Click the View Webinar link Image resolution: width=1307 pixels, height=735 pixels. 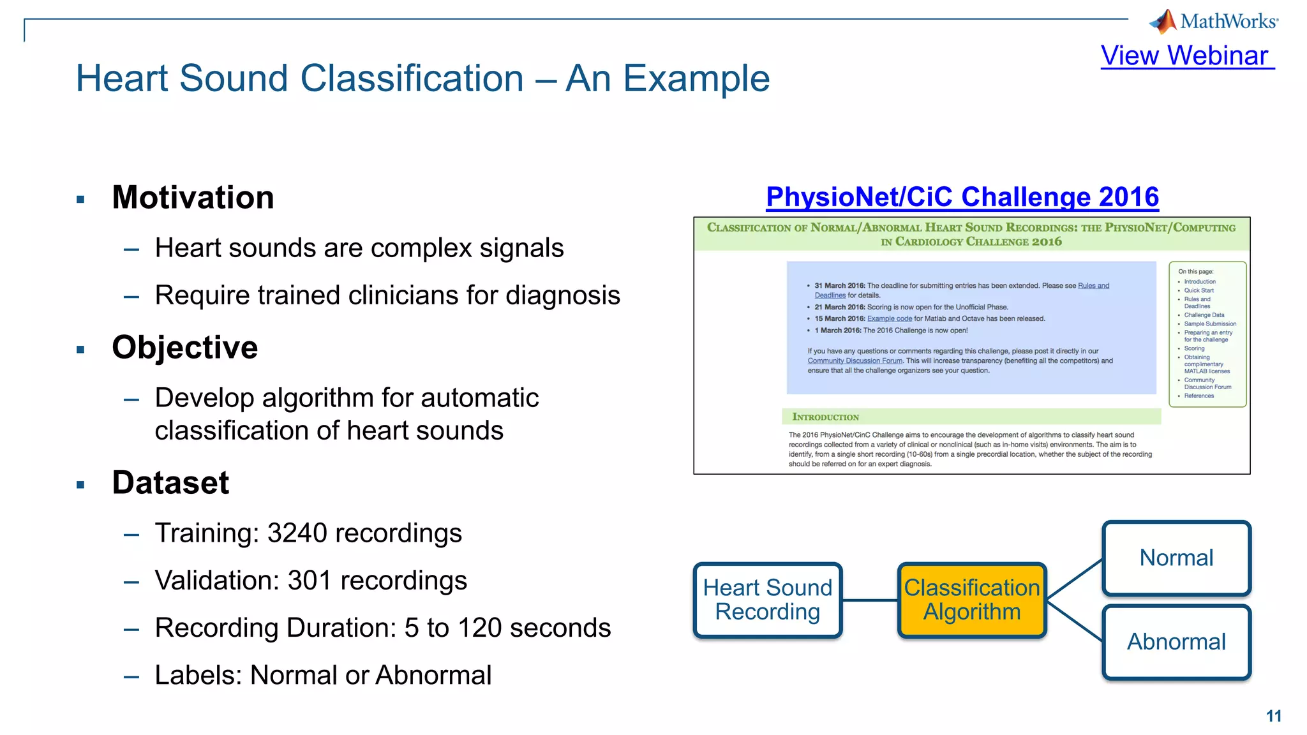pos(1186,56)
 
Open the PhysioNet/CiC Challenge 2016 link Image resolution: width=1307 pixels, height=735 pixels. pos(962,197)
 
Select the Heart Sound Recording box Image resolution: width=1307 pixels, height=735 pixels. pos(767,600)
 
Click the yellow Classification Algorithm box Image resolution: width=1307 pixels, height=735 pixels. pos(971,600)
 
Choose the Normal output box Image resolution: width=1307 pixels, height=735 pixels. pos(1176,558)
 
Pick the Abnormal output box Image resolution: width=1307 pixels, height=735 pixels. pos(1176,642)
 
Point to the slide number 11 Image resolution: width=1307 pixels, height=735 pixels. pos(1273,716)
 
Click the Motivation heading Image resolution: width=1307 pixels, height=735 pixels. pos(193,197)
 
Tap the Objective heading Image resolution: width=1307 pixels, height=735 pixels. pos(184,348)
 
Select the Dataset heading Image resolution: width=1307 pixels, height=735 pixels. pos(170,483)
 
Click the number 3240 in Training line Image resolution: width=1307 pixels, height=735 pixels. pos(297,533)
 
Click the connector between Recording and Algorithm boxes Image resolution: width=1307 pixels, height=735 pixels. pos(869,600)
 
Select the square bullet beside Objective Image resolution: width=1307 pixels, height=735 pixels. pos(80,350)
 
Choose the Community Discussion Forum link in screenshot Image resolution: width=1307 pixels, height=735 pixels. pos(855,361)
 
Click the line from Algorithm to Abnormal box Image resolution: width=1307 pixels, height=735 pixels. pos(1075,621)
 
